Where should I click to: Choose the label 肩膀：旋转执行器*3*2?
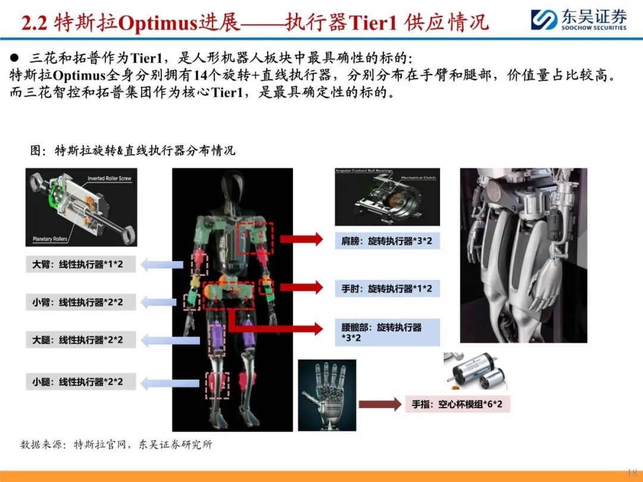387,241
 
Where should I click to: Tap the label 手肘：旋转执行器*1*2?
387,289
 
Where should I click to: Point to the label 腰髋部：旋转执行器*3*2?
387,333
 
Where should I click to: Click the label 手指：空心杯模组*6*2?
457,405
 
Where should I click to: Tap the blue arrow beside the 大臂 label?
161,264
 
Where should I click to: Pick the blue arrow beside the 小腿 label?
161,381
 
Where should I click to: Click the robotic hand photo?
327,395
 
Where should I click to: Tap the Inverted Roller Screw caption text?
109,179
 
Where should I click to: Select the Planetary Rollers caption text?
49,239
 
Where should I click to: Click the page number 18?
632,472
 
